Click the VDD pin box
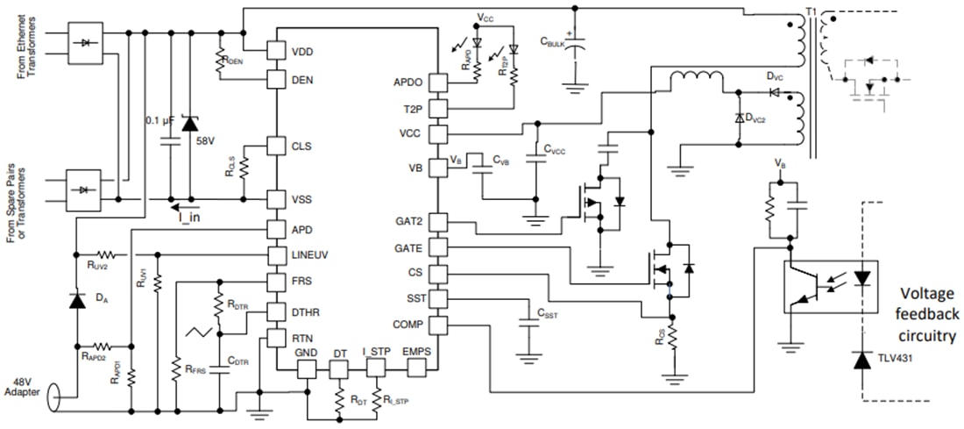pyautogui.click(x=277, y=50)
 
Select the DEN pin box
pyautogui.click(x=277, y=79)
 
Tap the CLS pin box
pyautogui.click(x=277, y=146)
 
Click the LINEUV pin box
pyautogui.click(x=277, y=254)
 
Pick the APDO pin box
pyautogui.click(x=437, y=83)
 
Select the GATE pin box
pyautogui.click(x=437, y=247)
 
